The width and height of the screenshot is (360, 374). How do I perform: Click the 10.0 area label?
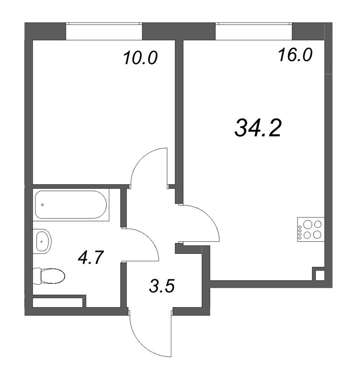(141, 58)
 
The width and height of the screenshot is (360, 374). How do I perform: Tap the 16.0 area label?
(295, 55)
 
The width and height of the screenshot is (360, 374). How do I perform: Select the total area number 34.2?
(258, 128)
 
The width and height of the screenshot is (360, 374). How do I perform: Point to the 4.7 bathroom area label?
(91, 258)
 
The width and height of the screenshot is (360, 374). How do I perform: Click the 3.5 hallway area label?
(162, 286)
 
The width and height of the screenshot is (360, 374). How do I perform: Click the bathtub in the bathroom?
(71, 205)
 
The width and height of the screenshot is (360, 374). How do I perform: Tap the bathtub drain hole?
(42, 205)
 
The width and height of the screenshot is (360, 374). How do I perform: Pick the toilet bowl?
(53, 276)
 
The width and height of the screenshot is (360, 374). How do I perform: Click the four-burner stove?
(311, 230)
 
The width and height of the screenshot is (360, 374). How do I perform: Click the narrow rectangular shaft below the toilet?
(57, 302)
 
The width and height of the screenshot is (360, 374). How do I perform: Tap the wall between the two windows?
(179, 31)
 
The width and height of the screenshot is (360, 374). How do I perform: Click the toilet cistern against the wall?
(37, 276)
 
